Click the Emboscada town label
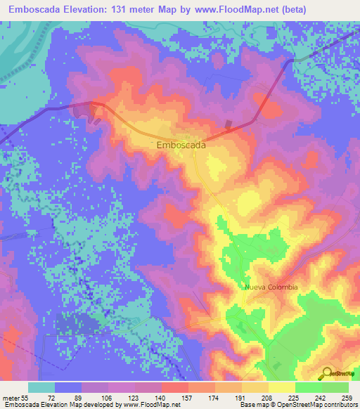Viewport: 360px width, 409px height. [181, 145]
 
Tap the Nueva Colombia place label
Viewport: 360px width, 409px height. [271, 287]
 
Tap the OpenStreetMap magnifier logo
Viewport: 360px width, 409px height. [327, 372]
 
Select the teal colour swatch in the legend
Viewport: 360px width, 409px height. [41, 387]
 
